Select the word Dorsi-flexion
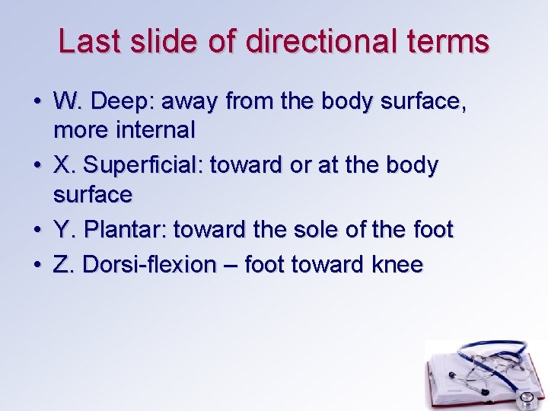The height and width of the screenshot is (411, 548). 149,264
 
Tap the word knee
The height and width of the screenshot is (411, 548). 397,264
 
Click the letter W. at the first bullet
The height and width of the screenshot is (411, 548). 67,100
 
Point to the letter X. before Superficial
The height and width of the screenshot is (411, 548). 65,165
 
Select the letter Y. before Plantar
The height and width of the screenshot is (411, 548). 65,229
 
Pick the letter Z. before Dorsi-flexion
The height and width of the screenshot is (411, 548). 65,264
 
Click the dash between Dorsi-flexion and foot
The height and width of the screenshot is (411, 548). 231,265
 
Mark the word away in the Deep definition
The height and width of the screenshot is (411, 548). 214,100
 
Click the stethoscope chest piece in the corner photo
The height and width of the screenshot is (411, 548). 524,399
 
